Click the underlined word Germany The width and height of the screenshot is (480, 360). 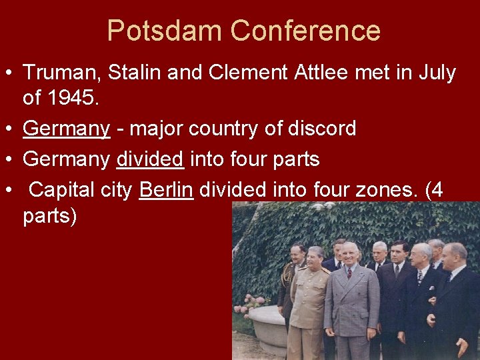(x=66, y=128)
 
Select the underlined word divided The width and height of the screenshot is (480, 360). (x=150, y=159)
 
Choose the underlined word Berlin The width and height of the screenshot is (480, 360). (x=166, y=189)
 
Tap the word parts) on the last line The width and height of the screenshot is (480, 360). (x=50, y=216)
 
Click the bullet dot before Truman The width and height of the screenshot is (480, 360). (x=9, y=73)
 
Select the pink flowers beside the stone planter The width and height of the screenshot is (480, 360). (x=249, y=303)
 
